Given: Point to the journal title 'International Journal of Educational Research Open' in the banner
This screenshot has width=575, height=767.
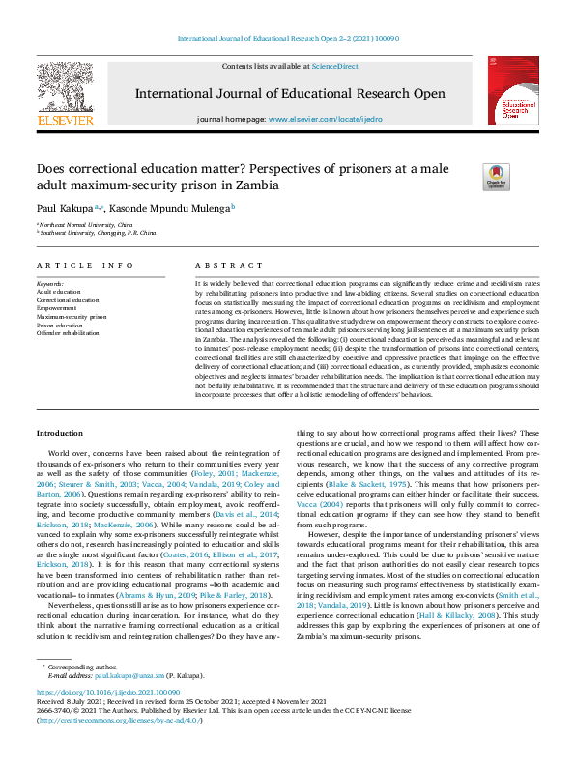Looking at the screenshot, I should [x=290, y=94].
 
